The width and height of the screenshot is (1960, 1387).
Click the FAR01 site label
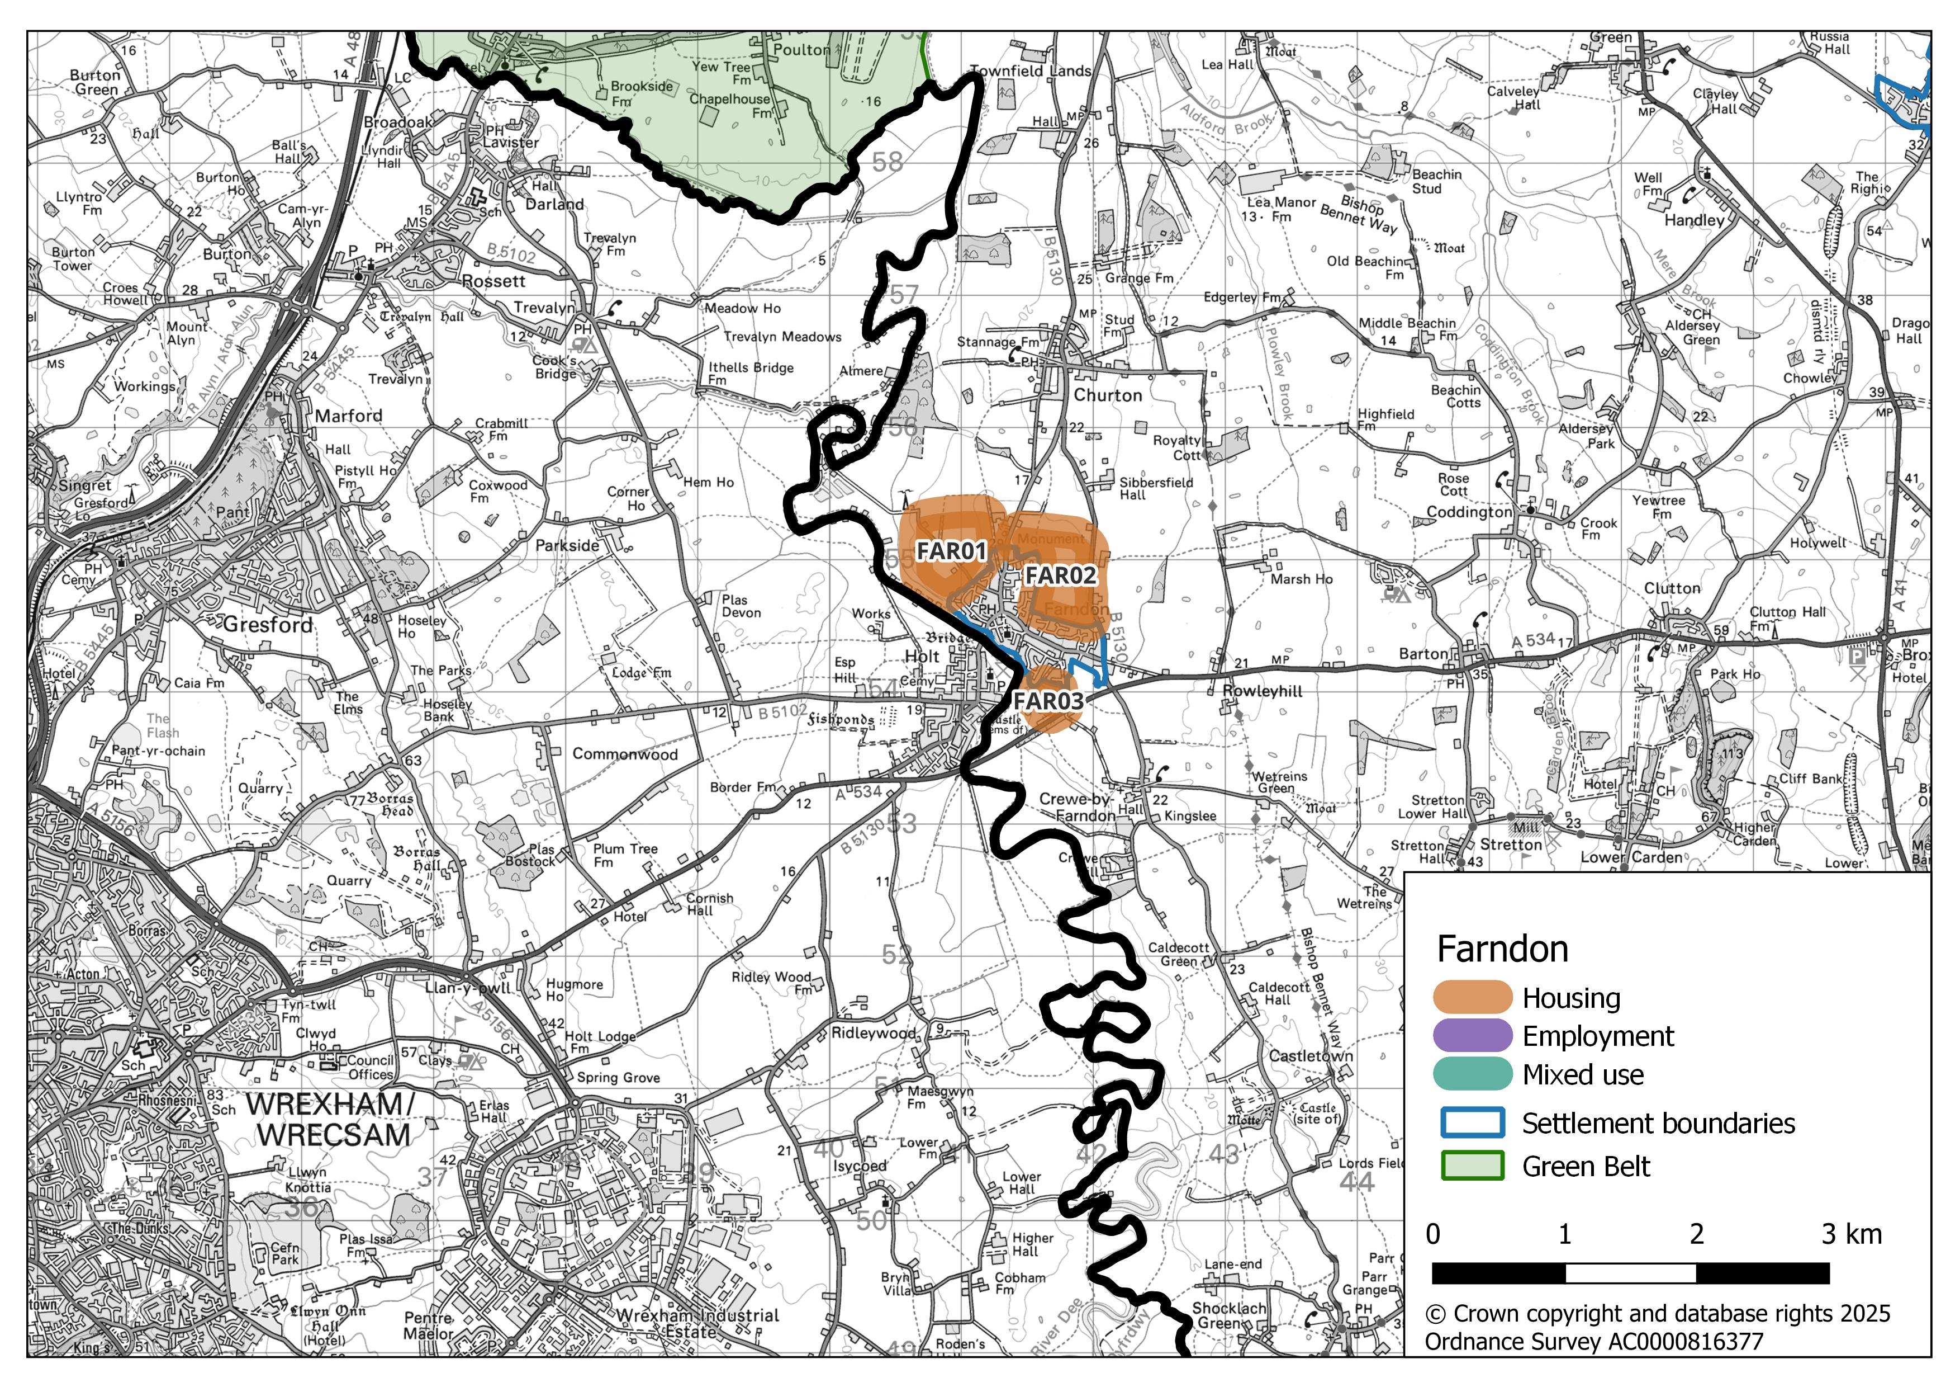[x=951, y=552]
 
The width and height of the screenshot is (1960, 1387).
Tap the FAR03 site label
[x=1048, y=701]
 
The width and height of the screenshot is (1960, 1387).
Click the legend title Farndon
[x=1502, y=949]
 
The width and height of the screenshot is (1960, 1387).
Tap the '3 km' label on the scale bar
[x=1850, y=1234]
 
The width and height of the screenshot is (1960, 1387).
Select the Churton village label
[x=1107, y=395]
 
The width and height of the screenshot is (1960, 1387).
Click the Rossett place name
[x=493, y=281]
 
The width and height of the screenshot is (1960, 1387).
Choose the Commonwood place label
[x=625, y=754]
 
